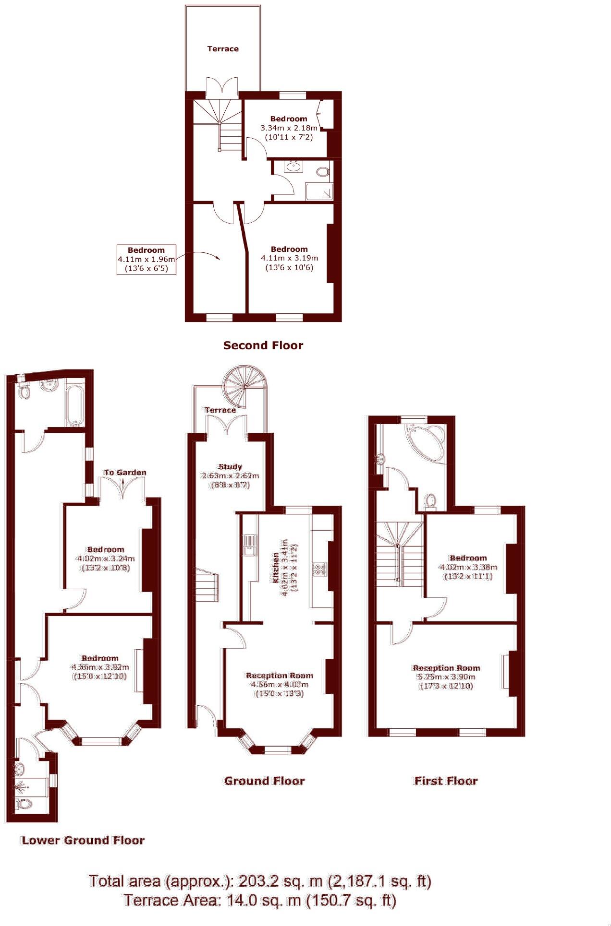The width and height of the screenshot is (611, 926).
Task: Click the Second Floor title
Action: click(263, 345)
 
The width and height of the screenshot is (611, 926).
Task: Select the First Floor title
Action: click(446, 781)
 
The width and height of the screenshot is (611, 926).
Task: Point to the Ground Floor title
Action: click(264, 781)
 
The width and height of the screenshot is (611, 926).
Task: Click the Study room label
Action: click(230, 466)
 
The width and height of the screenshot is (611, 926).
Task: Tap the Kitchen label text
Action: click(276, 567)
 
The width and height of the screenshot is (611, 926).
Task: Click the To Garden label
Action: click(125, 473)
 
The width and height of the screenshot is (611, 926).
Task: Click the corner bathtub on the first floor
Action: click(426, 443)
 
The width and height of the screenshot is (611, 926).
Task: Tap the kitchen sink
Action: click(249, 545)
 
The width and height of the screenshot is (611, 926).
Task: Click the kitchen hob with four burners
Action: click(318, 570)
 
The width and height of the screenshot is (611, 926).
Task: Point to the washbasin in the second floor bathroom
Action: click(293, 166)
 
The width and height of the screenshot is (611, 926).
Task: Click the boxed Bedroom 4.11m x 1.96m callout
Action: click(146, 259)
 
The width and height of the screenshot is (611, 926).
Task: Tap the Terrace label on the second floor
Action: click(223, 49)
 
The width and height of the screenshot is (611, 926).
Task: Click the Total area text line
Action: click(260, 881)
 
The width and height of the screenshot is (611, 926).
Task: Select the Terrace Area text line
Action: click(260, 900)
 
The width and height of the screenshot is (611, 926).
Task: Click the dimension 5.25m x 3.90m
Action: click(446, 677)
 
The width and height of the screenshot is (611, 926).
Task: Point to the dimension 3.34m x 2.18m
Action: click(289, 128)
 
